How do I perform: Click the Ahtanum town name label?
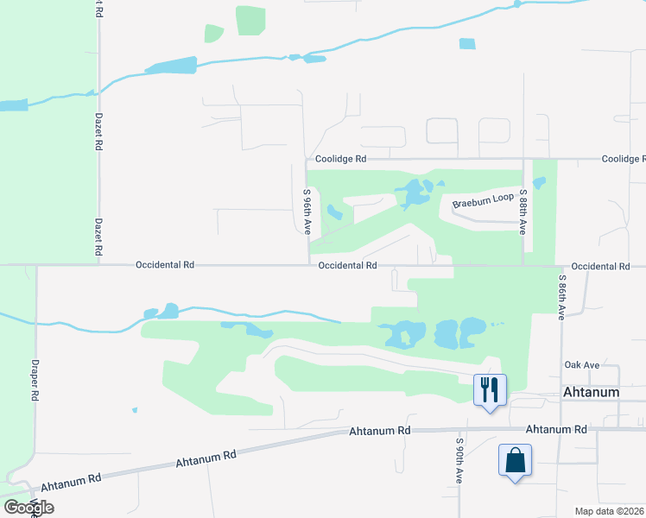(x=591, y=392)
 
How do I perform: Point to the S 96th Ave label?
(x=307, y=212)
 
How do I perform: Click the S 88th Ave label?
(x=522, y=212)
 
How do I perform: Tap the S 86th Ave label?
(x=561, y=298)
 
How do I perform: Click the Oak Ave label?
(x=581, y=365)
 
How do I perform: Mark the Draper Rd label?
(x=35, y=380)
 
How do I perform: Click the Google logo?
(x=28, y=507)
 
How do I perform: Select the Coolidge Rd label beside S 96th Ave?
(x=340, y=159)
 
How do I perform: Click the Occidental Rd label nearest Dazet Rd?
(x=164, y=266)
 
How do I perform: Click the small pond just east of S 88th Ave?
(x=540, y=183)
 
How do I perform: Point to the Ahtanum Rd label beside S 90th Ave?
(x=379, y=431)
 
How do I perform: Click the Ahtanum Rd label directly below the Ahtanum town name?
(x=556, y=429)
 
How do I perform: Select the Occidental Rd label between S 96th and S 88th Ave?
(x=347, y=266)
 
